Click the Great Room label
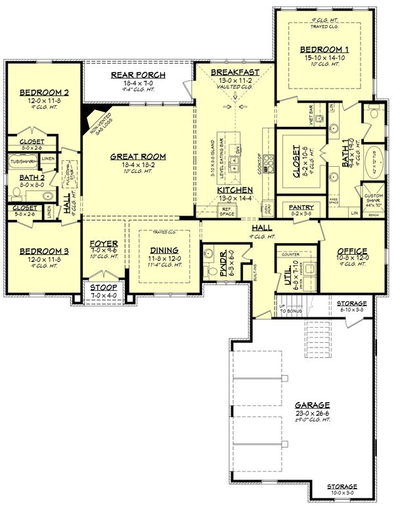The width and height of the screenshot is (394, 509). [137, 156]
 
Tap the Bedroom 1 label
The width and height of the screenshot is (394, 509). [320, 49]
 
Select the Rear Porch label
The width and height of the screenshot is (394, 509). [138, 76]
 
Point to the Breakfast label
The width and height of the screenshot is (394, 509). [234, 72]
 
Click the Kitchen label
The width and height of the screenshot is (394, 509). [234, 190]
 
